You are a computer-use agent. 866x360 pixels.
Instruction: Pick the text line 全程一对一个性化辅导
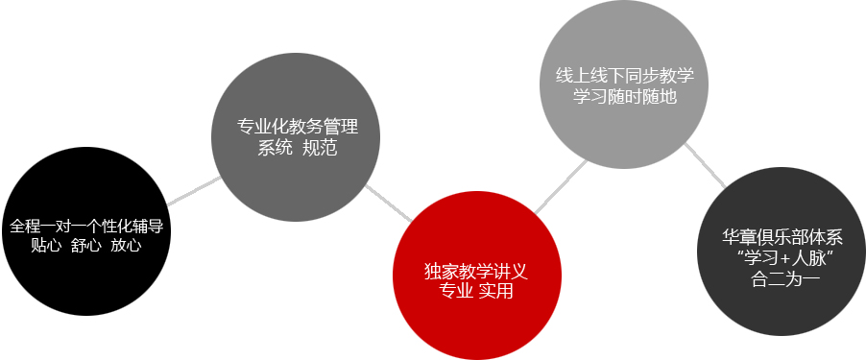click(x=86, y=227)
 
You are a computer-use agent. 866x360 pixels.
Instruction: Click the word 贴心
click(x=45, y=245)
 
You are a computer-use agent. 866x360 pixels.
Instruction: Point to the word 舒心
click(x=86, y=245)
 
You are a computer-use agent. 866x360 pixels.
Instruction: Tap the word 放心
click(x=126, y=245)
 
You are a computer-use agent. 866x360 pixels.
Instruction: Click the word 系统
click(x=275, y=149)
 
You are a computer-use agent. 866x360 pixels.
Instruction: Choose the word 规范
click(x=319, y=149)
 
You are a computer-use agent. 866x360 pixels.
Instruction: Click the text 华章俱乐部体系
click(x=782, y=237)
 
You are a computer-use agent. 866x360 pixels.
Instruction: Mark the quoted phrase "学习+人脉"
click(x=782, y=258)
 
